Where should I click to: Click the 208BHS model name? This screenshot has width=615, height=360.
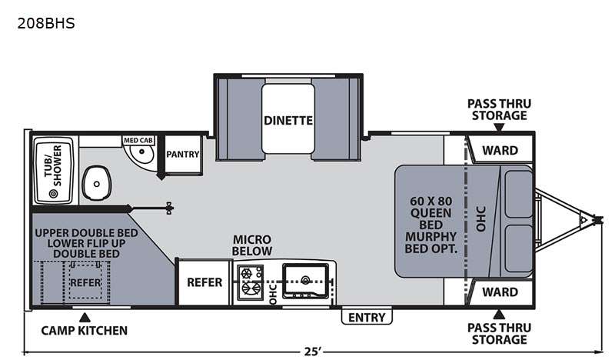click(46, 24)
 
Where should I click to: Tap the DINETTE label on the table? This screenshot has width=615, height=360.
click(288, 120)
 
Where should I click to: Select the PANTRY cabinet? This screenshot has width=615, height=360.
click(183, 155)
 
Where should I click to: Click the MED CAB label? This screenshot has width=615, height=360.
click(138, 140)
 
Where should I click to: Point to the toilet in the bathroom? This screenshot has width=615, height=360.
click(97, 183)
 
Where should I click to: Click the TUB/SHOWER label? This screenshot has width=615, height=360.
click(53, 165)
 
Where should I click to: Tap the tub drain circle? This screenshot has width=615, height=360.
click(53, 194)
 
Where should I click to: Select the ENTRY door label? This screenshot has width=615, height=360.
click(367, 317)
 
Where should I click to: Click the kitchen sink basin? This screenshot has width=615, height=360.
click(305, 280)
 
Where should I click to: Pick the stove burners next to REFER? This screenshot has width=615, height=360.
click(251, 282)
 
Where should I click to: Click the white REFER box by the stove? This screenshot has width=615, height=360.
click(204, 282)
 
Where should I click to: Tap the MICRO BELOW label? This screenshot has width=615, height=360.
click(252, 245)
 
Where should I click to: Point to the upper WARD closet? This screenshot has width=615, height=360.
click(500, 150)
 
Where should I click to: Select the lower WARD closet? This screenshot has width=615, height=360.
click(500, 292)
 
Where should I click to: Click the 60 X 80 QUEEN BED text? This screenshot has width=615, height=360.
click(431, 213)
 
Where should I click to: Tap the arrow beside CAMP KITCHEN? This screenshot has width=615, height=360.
click(85, 317)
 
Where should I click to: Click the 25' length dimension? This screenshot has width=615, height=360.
click(313, 352)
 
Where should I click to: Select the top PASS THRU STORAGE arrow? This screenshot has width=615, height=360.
click(499, 127)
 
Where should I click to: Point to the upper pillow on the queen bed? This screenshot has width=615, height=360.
click(518, 194)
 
